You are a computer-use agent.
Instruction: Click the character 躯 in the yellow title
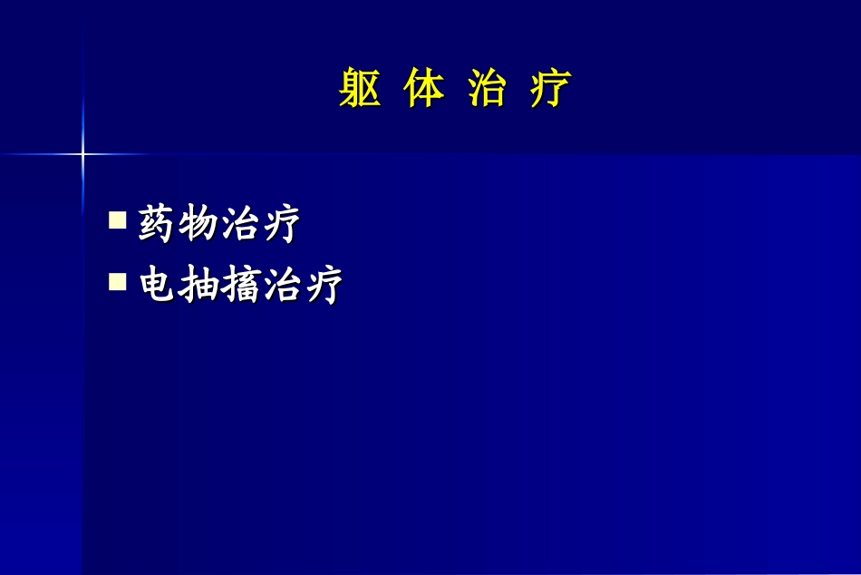[359, 89]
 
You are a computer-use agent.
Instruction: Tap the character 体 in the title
[424, 89]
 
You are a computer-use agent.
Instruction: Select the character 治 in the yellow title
[487, 89]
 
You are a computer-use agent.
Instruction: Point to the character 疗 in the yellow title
[551, 89]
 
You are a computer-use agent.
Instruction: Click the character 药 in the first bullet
[157, 224]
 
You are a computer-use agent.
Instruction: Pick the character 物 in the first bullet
[198, 224]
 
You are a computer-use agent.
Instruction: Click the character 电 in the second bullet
[157, 286]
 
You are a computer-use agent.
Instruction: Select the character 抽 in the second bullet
[198, 286]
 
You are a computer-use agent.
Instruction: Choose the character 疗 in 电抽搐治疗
[322, 286]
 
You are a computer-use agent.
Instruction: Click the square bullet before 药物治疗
[117, 220]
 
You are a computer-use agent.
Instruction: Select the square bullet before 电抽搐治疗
[117, 282]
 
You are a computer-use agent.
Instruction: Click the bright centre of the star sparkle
[82, 154]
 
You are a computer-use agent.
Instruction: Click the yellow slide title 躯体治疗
[455, 89]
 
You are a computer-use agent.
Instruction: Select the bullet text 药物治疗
[218, 224]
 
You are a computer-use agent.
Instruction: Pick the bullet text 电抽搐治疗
[239, 286]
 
